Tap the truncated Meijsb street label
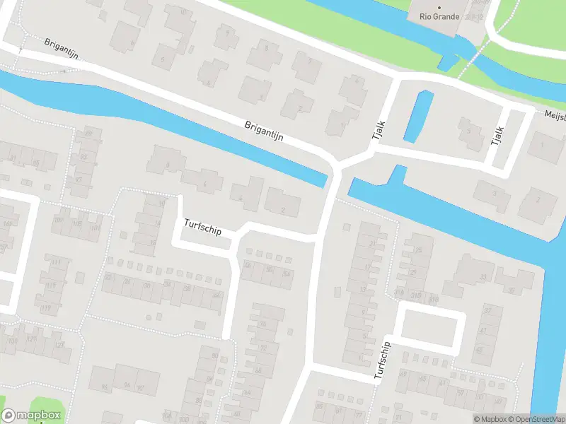click(554, 115)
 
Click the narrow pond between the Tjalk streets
click(417, 117)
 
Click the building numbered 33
click(483, 276)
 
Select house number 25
click(423, 251)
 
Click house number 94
click(127, 385)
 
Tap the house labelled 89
click(88, 134)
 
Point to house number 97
click(78, 179)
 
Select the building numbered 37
click(487, 311)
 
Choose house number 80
click(215, 355)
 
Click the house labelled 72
click(263, 348)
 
